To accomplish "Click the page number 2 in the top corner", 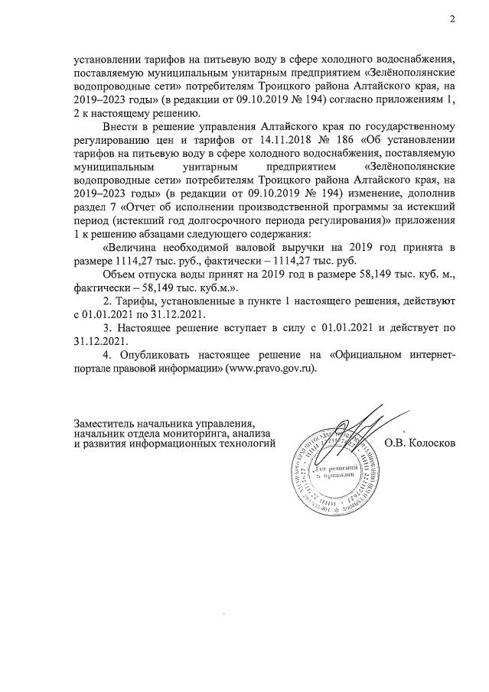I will pos(452,20).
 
